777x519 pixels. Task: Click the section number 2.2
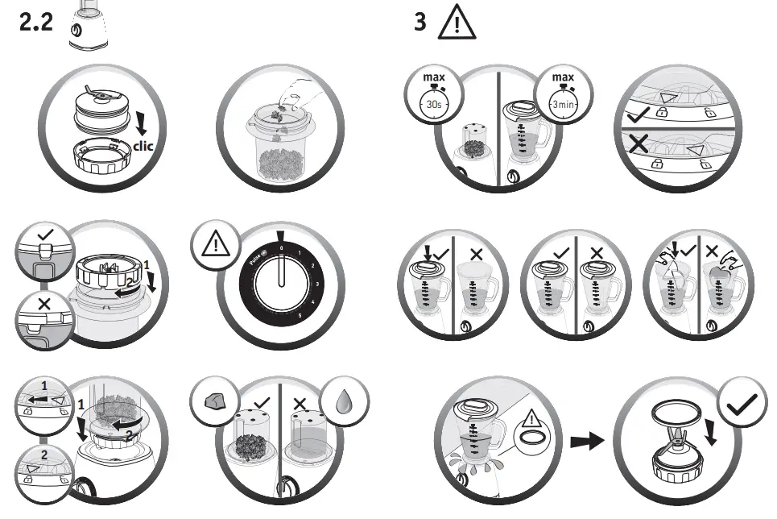coord(36,22)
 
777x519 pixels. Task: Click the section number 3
coord(420,22)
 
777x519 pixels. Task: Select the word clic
coord(143,146)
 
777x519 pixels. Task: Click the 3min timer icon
coord(560,102)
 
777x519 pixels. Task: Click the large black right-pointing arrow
coord(586,442)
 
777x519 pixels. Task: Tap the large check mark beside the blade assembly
coord(742,406)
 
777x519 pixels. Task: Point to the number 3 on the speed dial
coord(317,284)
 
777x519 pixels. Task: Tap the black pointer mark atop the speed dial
coord(280,237)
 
